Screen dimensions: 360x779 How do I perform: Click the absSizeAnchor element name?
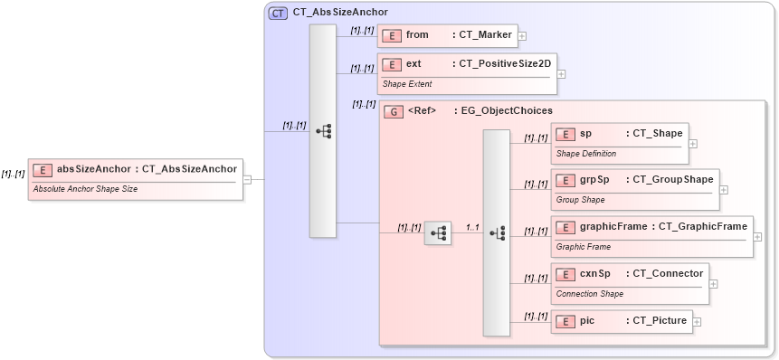(94, 168)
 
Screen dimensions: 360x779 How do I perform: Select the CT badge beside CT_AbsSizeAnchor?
(279, 13)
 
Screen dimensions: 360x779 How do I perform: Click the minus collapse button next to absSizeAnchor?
(247, 179)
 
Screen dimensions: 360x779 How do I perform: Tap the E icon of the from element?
(393, 35)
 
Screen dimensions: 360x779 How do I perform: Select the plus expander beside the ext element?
(562, 73)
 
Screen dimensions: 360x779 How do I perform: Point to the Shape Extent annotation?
(406, 84)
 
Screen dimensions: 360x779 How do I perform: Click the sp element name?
(586, 134)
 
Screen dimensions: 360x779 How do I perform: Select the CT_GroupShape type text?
(672, 179)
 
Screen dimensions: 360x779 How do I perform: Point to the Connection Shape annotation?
(589, 293)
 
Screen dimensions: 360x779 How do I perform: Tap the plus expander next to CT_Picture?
(698, 321)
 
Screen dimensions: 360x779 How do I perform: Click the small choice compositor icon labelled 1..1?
(438, 232)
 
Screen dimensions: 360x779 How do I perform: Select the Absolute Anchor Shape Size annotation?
(85, 189)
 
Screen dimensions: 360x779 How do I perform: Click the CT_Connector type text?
(667, 273)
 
